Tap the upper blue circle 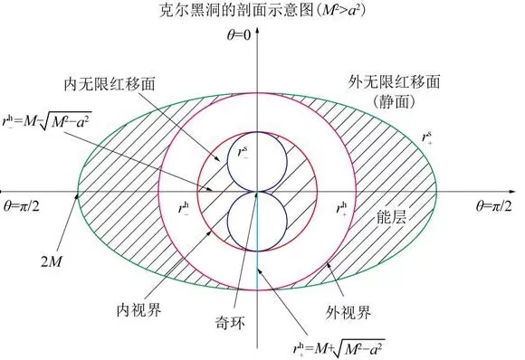tap(257, 163)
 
